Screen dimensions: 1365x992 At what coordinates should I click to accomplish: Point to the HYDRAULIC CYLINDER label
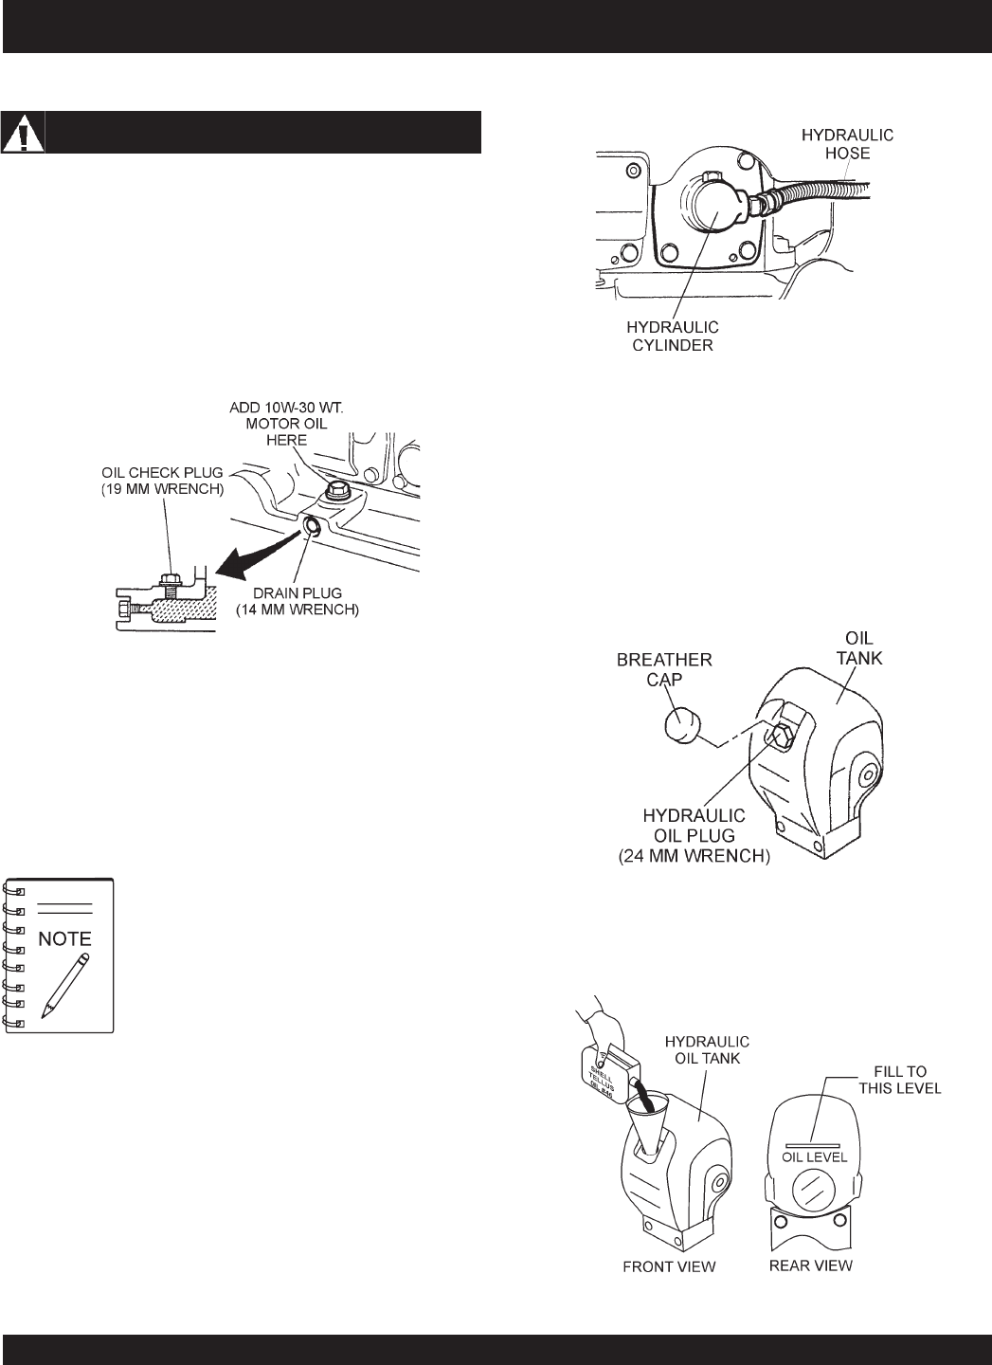tap(673, 337)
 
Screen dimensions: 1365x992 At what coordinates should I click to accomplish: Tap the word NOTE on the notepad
tap(65, 938)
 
